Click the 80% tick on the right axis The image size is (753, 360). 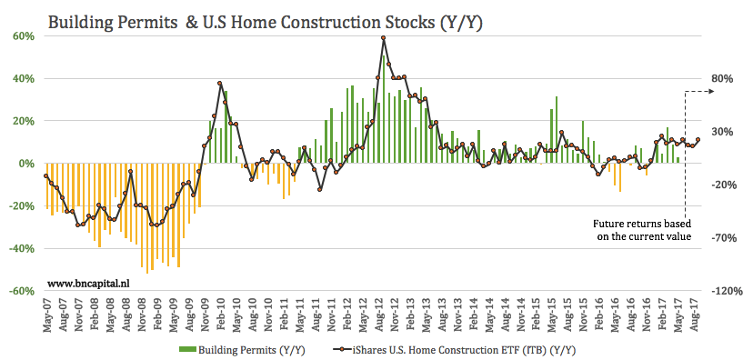point(721,78)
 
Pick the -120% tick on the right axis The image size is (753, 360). point(718,291)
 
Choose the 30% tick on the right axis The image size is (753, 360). point(721,132)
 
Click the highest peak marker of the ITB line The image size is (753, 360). point(384,38)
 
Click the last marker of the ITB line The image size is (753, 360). point(698,139)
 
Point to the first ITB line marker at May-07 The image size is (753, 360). point(46,175)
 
